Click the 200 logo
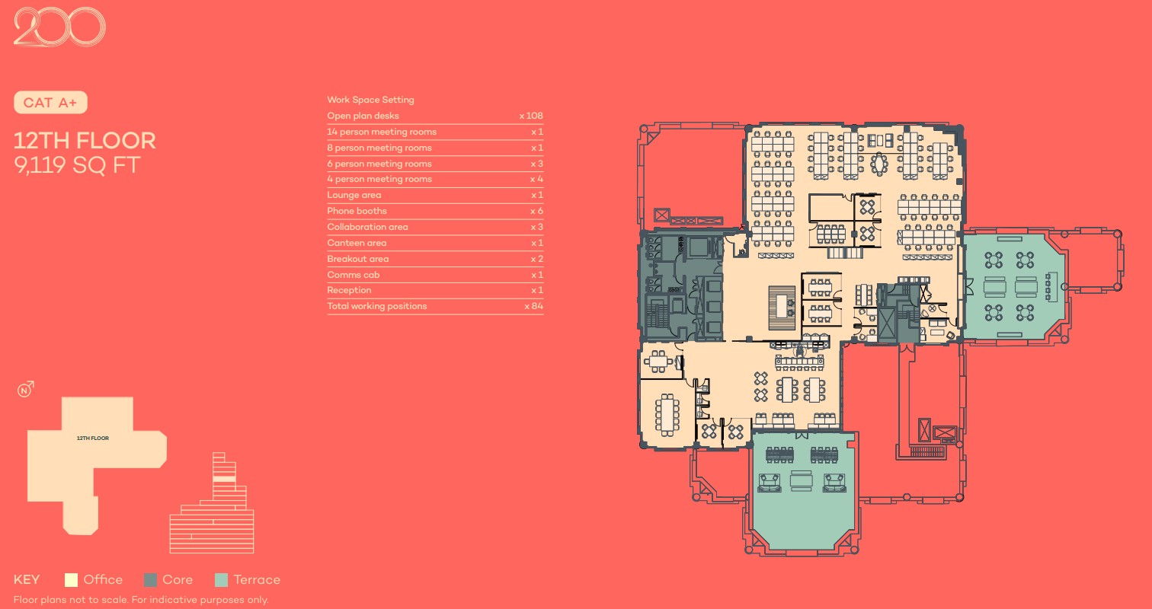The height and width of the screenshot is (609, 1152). click(59, 27)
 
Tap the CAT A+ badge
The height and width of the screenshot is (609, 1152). click(50, 103)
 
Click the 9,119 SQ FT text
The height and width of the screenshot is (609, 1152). click(77, 165)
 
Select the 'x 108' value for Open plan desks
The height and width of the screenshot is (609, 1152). click(531, 116)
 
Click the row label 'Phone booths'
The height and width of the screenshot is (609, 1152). click(357, 211)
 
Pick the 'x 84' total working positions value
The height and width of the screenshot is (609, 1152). click(534, 306)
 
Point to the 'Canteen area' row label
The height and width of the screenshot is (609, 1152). click(357, 243)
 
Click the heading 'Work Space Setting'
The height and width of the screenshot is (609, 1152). click(370, 100)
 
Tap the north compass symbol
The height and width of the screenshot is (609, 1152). click(25, 390)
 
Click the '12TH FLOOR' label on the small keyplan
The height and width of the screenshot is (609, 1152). click(93, 438)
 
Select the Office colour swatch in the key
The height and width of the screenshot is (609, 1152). click(71, 580)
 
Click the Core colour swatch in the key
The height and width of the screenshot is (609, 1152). click(150, 580)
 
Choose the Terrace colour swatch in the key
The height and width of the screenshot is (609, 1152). click(221, 580)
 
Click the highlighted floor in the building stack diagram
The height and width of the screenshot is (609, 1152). click(224, 479)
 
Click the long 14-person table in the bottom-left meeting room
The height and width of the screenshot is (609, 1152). click(667, 415)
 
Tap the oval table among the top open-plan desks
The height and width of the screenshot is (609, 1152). click(879, 164)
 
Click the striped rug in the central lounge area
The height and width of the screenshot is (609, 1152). click(782, 308)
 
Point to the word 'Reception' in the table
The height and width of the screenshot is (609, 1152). click(349, 290)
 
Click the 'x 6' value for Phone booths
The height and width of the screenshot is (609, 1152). click(536, 211)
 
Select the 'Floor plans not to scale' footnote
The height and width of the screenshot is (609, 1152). click(141, 600)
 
